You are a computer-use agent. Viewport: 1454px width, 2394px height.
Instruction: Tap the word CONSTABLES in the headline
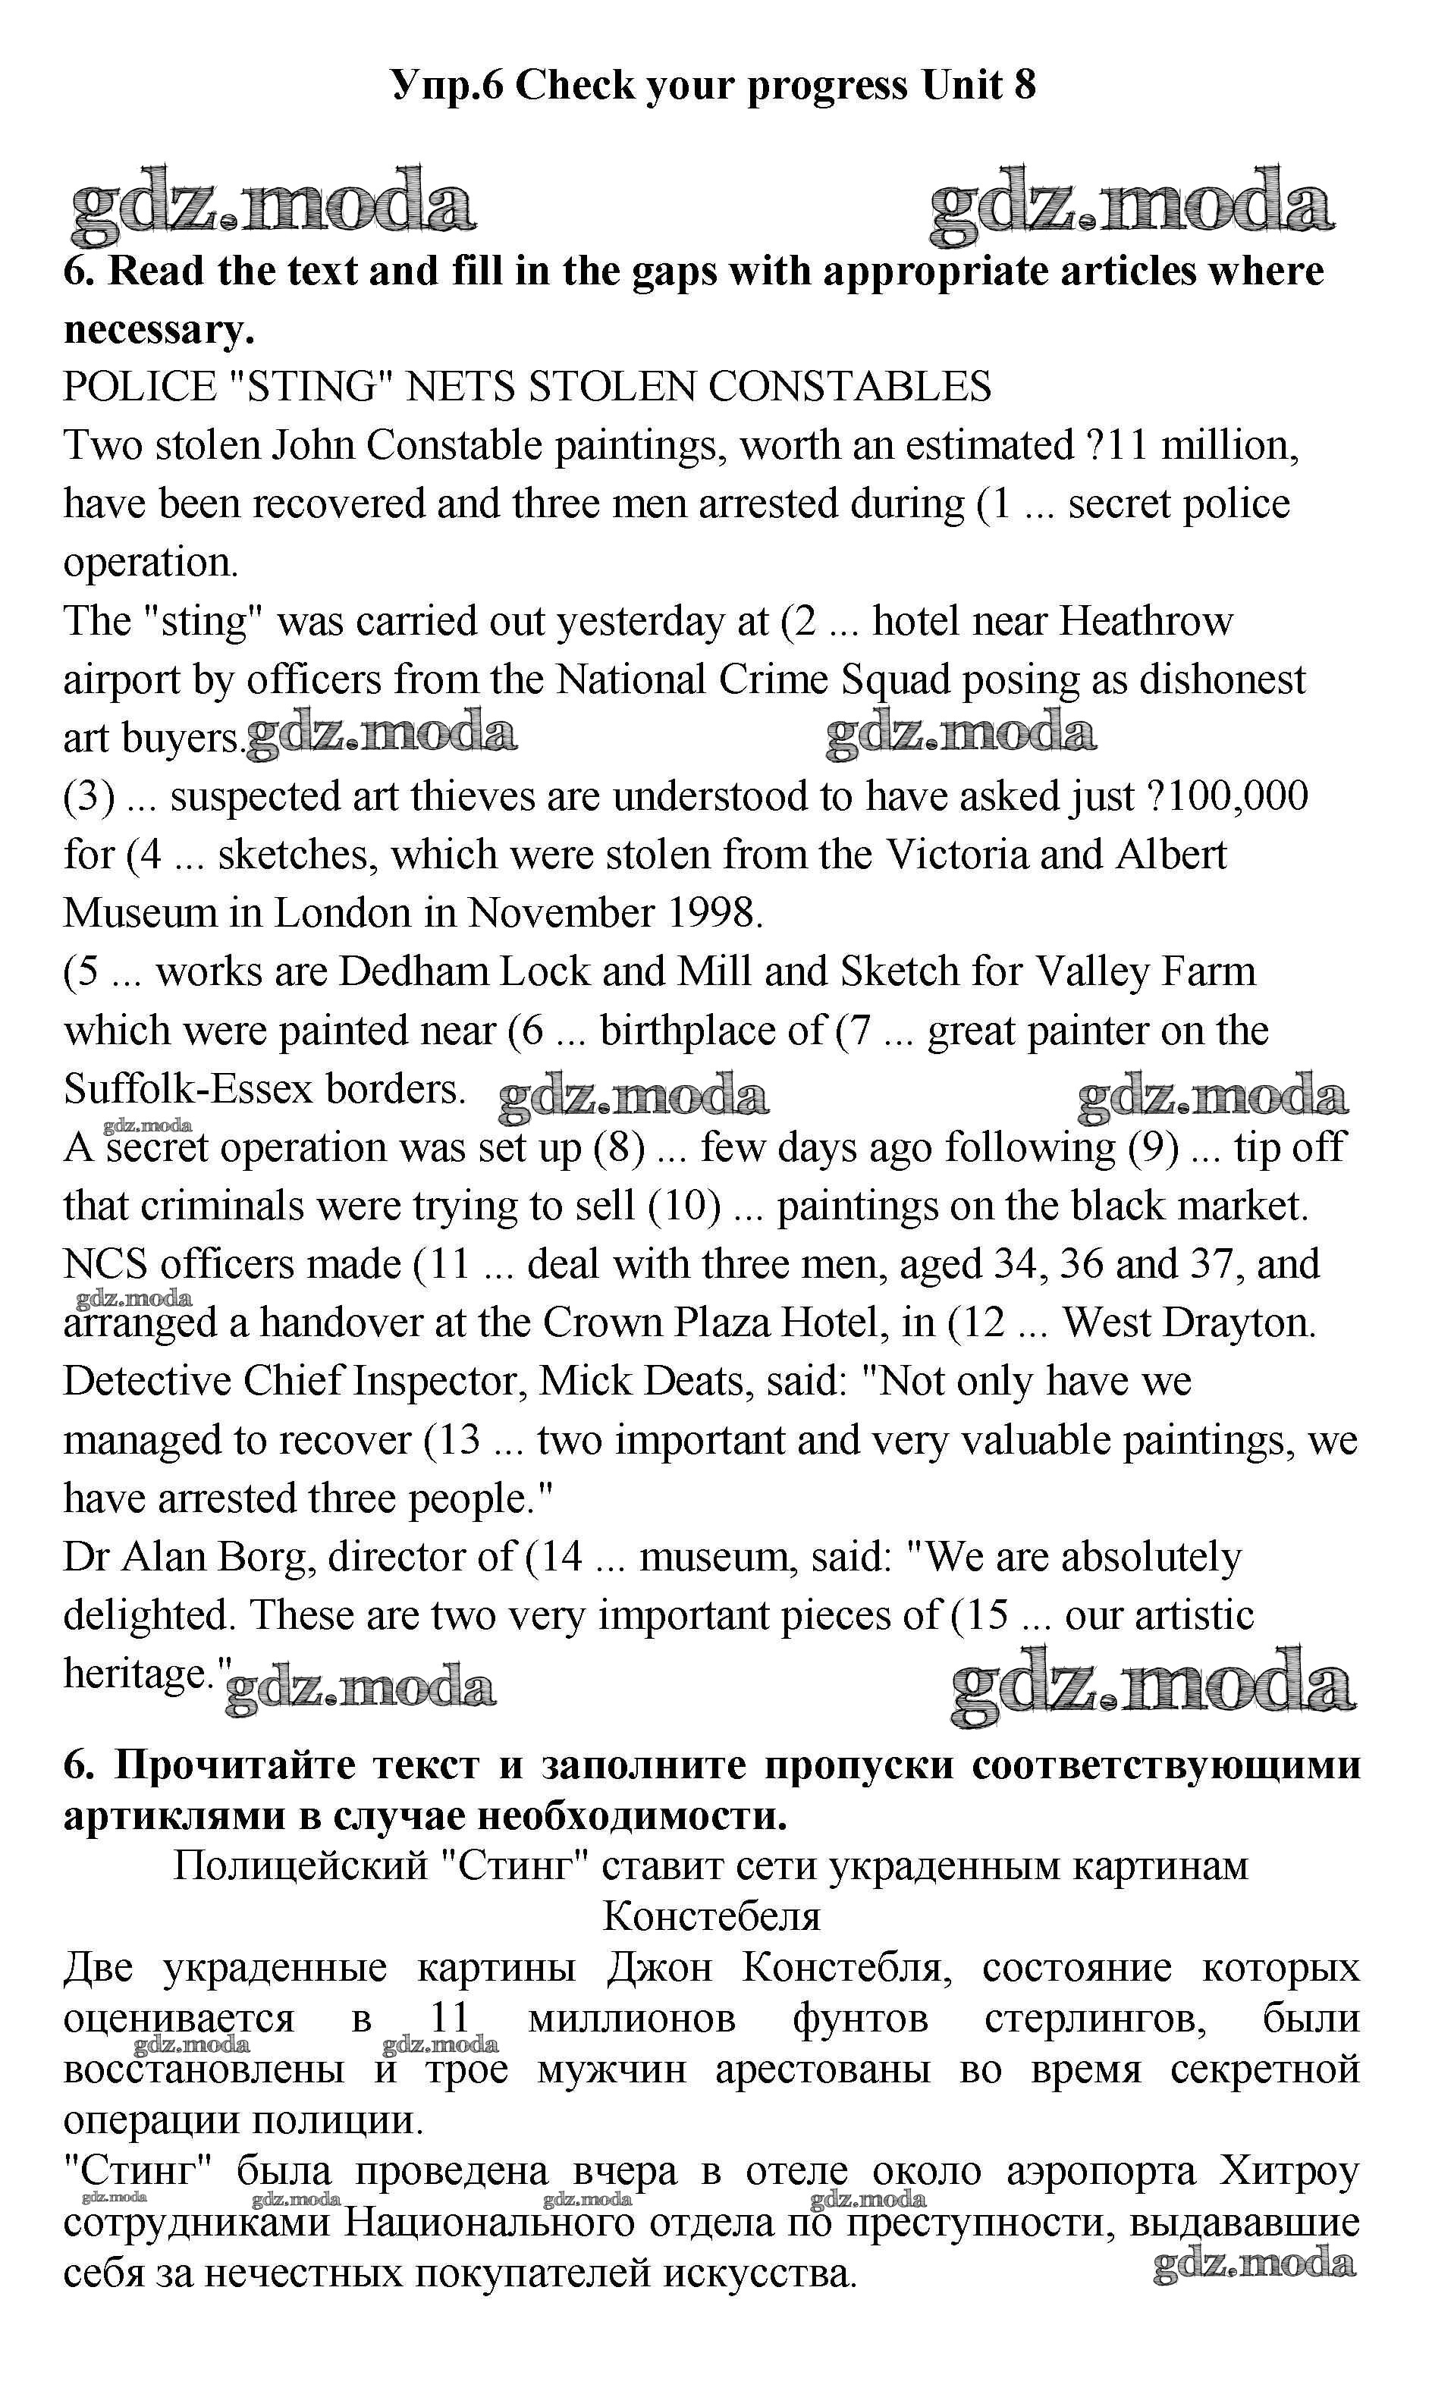[849, 387]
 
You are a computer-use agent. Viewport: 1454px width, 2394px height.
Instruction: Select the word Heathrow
[1145, 621]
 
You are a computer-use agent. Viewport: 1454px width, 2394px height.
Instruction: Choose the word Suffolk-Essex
[189, 1088]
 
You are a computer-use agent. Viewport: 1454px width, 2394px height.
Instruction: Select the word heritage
[138, 1673]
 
